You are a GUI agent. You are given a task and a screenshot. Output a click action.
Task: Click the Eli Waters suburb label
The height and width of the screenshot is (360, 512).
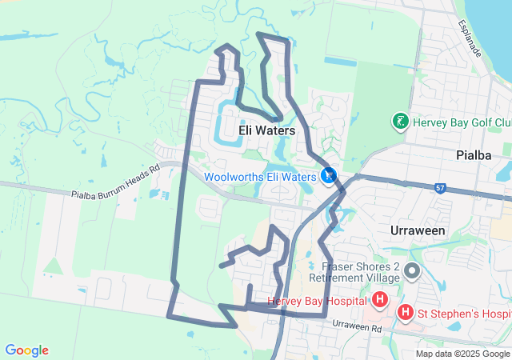266,130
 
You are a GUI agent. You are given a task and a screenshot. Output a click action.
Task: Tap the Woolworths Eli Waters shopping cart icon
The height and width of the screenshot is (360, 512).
328,175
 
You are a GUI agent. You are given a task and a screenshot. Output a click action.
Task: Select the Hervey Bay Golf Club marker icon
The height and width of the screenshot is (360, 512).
398,122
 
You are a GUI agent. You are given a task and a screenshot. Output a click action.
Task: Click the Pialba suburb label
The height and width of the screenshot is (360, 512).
472,155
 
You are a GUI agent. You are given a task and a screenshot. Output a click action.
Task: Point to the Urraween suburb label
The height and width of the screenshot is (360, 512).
416,230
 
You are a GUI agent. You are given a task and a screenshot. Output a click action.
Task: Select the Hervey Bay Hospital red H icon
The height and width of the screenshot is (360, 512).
380,301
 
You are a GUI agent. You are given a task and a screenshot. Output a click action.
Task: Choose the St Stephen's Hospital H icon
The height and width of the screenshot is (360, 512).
406,312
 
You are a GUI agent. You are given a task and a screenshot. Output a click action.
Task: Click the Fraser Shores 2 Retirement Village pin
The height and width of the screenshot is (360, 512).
413,271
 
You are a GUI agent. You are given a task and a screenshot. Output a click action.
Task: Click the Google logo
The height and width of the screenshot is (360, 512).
26,350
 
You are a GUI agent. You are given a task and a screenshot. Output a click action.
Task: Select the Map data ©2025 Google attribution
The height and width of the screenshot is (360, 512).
462,354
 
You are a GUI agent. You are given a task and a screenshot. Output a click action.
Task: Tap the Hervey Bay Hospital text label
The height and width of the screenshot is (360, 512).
317,302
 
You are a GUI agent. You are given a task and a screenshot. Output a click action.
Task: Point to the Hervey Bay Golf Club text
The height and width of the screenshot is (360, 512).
462,122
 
